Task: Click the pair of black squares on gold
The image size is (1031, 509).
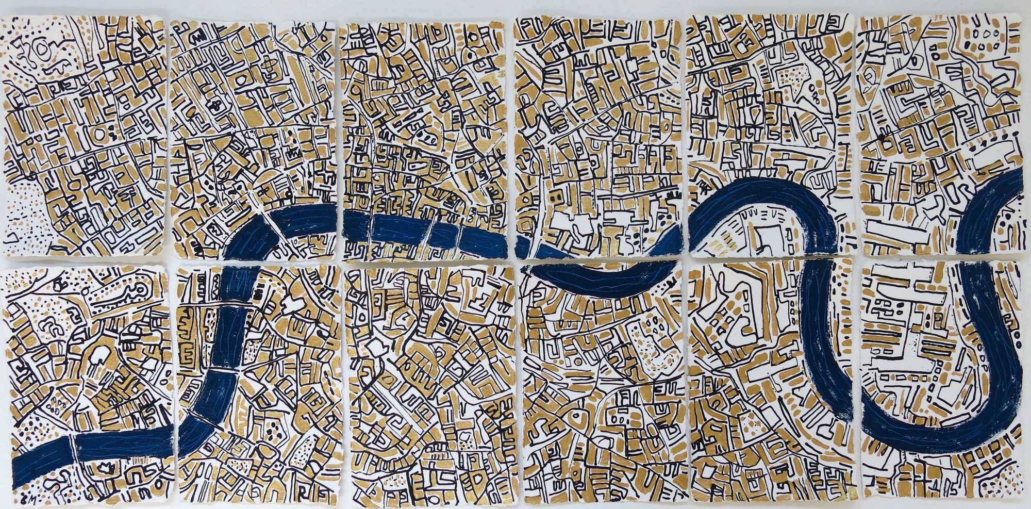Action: [x=555, y=196]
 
